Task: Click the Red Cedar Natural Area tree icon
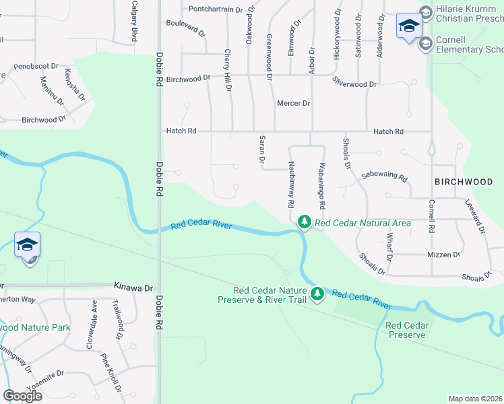(305, 222)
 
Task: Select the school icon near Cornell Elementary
(408, 26)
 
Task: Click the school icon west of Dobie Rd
(27, 245)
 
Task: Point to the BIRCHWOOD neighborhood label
(464, 182)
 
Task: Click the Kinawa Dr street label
(133, 288)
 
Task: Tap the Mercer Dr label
(293, 103)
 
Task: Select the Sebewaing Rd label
(384, 176)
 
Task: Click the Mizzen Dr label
(443, 255)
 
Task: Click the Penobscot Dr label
(35, 67)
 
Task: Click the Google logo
(23, 395)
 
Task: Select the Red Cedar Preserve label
(406, 330)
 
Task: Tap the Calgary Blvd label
(135, 20)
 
